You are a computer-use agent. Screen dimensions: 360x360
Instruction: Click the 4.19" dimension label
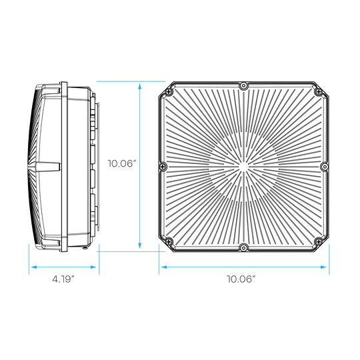pos(63,279)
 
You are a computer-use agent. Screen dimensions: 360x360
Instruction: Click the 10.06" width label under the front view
pos(241,279)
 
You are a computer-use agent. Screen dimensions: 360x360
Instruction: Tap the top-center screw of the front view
pos(243,86)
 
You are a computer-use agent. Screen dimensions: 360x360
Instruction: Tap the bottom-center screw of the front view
pos(243,247)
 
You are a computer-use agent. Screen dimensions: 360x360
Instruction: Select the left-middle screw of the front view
pos(163,167)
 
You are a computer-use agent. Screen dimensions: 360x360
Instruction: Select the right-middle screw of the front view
pos(324,167)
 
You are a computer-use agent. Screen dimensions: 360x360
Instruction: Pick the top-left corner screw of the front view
pos(169,92)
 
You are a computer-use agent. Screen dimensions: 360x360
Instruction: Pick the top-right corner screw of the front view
pos(318,92)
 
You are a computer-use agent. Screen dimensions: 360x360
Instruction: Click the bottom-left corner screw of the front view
pos(169,241)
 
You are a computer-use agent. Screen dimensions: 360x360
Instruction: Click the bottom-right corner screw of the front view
pos(318,241)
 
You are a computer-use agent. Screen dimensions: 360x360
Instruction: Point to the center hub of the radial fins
pos(243,167)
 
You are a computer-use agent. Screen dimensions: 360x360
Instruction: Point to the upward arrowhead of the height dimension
pos(139,86)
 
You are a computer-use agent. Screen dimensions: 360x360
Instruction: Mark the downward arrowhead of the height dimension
pos(139,245)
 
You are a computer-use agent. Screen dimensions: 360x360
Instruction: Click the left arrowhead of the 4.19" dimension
pos(34,267)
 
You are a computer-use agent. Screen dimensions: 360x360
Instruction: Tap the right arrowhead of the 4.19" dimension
pos(93,267)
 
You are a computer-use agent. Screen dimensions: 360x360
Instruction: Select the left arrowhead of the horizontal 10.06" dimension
pos(164,267)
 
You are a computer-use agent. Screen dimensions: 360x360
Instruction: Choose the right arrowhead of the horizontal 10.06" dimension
pos(323,267)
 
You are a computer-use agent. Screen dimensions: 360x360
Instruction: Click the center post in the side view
pos(48,167)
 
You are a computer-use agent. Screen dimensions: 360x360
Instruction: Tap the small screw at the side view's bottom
pos(85,248)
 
